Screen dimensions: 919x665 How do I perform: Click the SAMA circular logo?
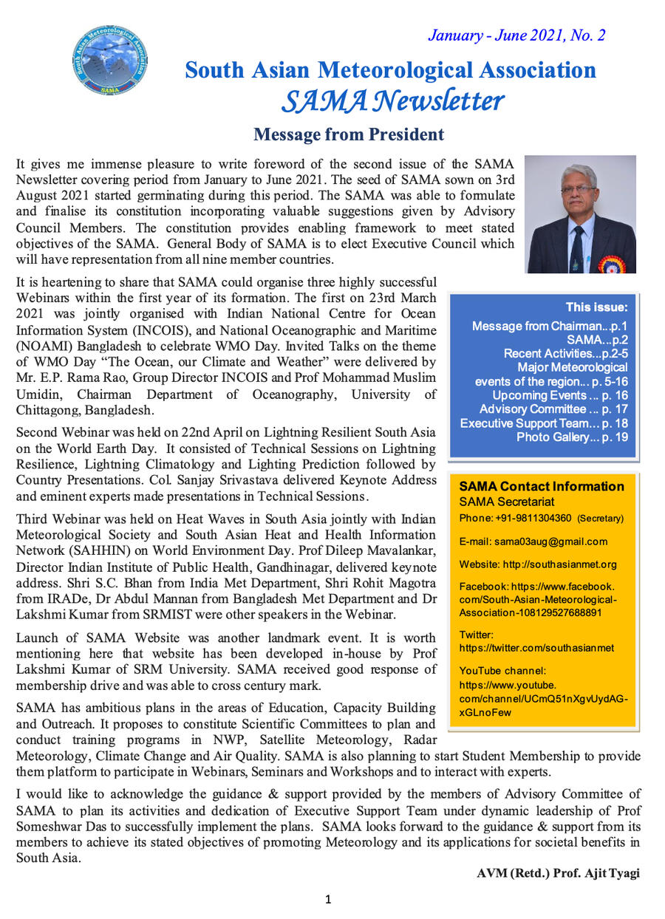(109, 60)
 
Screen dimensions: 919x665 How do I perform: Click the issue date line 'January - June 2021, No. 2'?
(516, 35)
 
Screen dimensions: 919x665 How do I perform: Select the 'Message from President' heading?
(349, 134)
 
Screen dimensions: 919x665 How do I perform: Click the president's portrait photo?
(580, 214)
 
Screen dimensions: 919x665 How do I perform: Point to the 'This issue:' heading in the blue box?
(596, 307)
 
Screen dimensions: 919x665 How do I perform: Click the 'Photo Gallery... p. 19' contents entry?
(572, 437)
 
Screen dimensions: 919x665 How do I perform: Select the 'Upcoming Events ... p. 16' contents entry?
(560, 395)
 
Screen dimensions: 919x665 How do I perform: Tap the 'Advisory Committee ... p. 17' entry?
(553, 409)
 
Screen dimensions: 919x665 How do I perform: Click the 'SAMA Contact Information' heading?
(542, 486)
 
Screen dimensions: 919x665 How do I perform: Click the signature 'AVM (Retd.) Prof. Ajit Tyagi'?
(558, 873)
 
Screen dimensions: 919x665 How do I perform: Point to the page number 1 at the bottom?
(329, 899)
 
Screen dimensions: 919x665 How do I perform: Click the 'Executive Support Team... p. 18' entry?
(544, 423)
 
